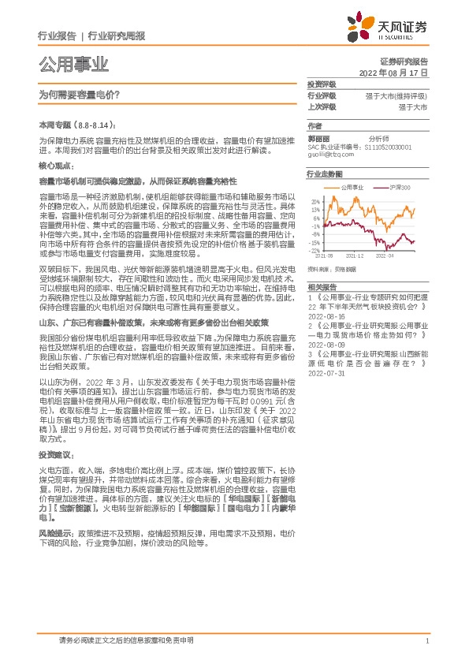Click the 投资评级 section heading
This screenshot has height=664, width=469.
click(x=321, y=84)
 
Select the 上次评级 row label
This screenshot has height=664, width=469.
click(x=321, y=106)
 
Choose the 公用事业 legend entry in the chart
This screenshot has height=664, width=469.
click(x=351, y=188)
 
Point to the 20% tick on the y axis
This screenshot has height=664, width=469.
click(x=315, y=201)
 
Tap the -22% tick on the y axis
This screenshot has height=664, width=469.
click(x=315, y=250)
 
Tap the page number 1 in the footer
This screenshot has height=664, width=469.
click(x=426, y=643)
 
